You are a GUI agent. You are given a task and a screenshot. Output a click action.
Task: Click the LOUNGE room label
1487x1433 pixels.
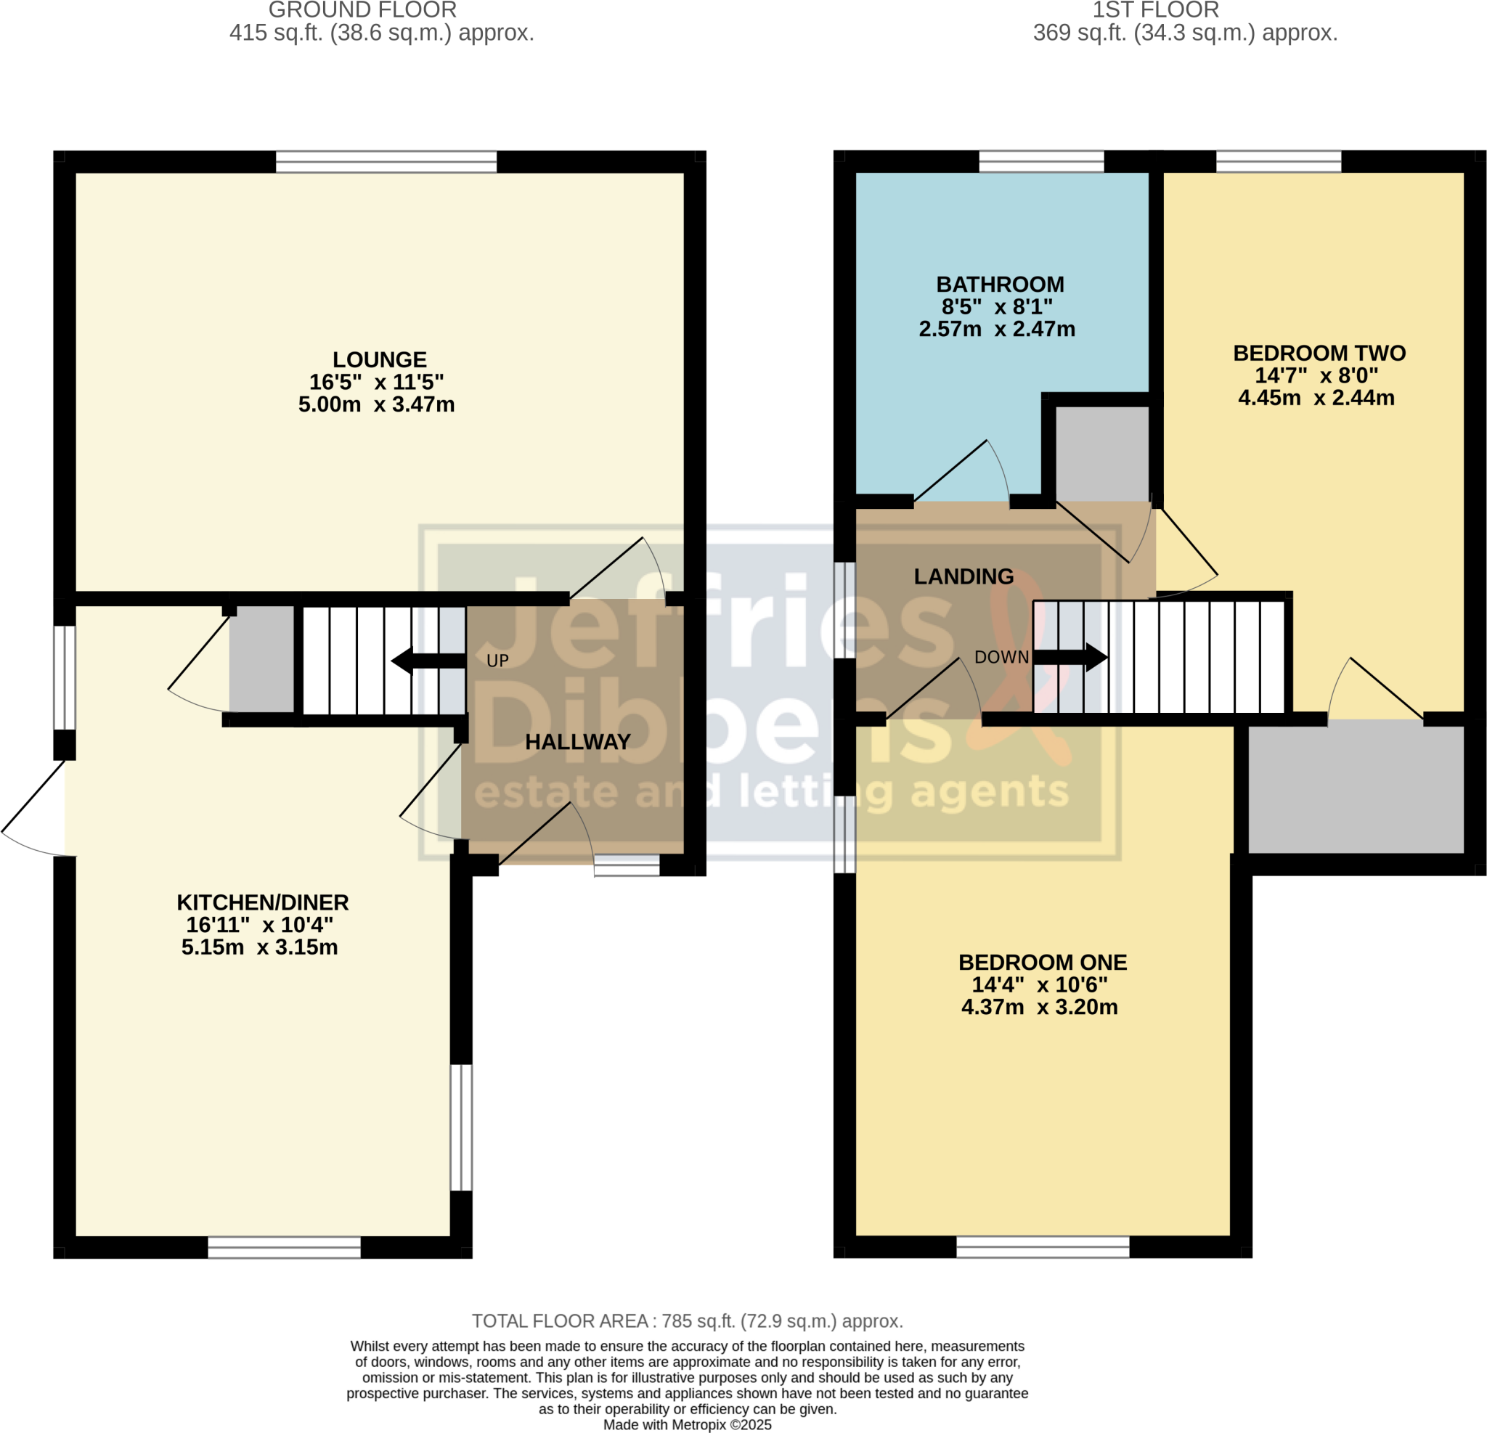tap(379, 359)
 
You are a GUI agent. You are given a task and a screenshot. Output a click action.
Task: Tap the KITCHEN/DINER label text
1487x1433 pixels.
tap(263, 902)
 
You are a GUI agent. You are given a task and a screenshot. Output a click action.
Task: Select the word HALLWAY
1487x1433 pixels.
tap(577, 742)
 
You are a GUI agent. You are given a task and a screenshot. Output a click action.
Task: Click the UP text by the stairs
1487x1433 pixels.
tap(497, 661)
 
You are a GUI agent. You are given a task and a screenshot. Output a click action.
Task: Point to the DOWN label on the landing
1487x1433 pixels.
tap(1001, 657)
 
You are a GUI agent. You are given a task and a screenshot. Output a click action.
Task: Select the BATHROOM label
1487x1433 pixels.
tap(1000, 285)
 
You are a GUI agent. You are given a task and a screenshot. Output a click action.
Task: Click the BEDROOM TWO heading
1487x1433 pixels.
tap(1319, 353)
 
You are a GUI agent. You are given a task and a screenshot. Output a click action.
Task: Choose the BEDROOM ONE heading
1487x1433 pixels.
tap(1043, 962)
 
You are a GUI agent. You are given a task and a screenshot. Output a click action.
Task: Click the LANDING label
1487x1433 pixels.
tap(964, 576)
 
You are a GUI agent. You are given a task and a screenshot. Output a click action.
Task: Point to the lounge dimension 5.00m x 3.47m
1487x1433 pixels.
tap(376, 404)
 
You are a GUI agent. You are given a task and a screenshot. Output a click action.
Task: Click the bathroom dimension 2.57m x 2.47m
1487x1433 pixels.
tap(997, 330)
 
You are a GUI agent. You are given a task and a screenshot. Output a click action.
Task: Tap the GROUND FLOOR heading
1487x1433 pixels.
tap(362, 11)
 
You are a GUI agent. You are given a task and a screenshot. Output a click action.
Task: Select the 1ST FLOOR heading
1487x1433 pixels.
tap(1155, 11)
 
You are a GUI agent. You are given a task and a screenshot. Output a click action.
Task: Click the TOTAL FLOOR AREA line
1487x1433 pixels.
tap(688, 1320)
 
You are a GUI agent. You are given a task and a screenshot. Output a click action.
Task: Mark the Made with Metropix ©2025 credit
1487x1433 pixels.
tap(688, 1425)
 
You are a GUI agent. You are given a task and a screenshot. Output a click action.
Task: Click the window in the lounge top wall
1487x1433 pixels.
tap(386, 162)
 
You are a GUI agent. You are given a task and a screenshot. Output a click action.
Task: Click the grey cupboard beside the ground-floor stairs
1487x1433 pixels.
tap(261, 658)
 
